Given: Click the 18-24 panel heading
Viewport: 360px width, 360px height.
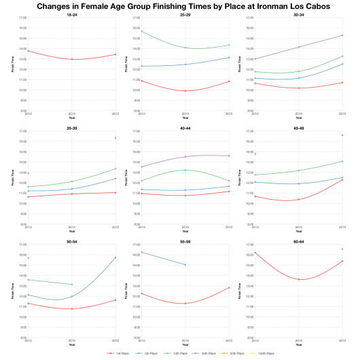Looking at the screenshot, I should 72,14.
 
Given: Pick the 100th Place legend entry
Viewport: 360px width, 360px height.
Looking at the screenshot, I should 264,354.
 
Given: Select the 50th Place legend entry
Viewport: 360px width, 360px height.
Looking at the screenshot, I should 234,354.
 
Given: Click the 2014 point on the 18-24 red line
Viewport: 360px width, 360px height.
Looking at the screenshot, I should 72,59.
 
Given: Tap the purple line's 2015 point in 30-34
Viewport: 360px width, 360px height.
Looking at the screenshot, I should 342,35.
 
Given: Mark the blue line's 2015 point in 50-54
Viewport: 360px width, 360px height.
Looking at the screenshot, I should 115,257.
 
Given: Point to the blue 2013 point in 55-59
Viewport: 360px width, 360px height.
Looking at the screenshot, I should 141,252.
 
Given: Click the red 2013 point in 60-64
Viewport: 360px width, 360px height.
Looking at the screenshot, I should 255,253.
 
